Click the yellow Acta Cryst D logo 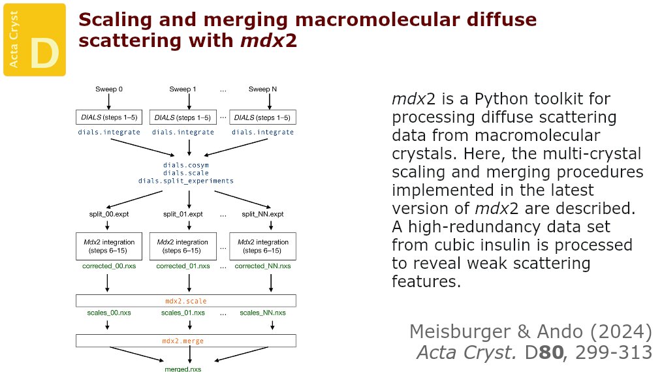35,39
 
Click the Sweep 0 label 109,89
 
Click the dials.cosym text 187,165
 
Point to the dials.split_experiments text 186,181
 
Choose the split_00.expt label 109,214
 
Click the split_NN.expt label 262,214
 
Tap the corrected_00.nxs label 109,266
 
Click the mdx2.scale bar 186,301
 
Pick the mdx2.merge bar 186,341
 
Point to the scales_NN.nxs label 262,313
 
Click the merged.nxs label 183,369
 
